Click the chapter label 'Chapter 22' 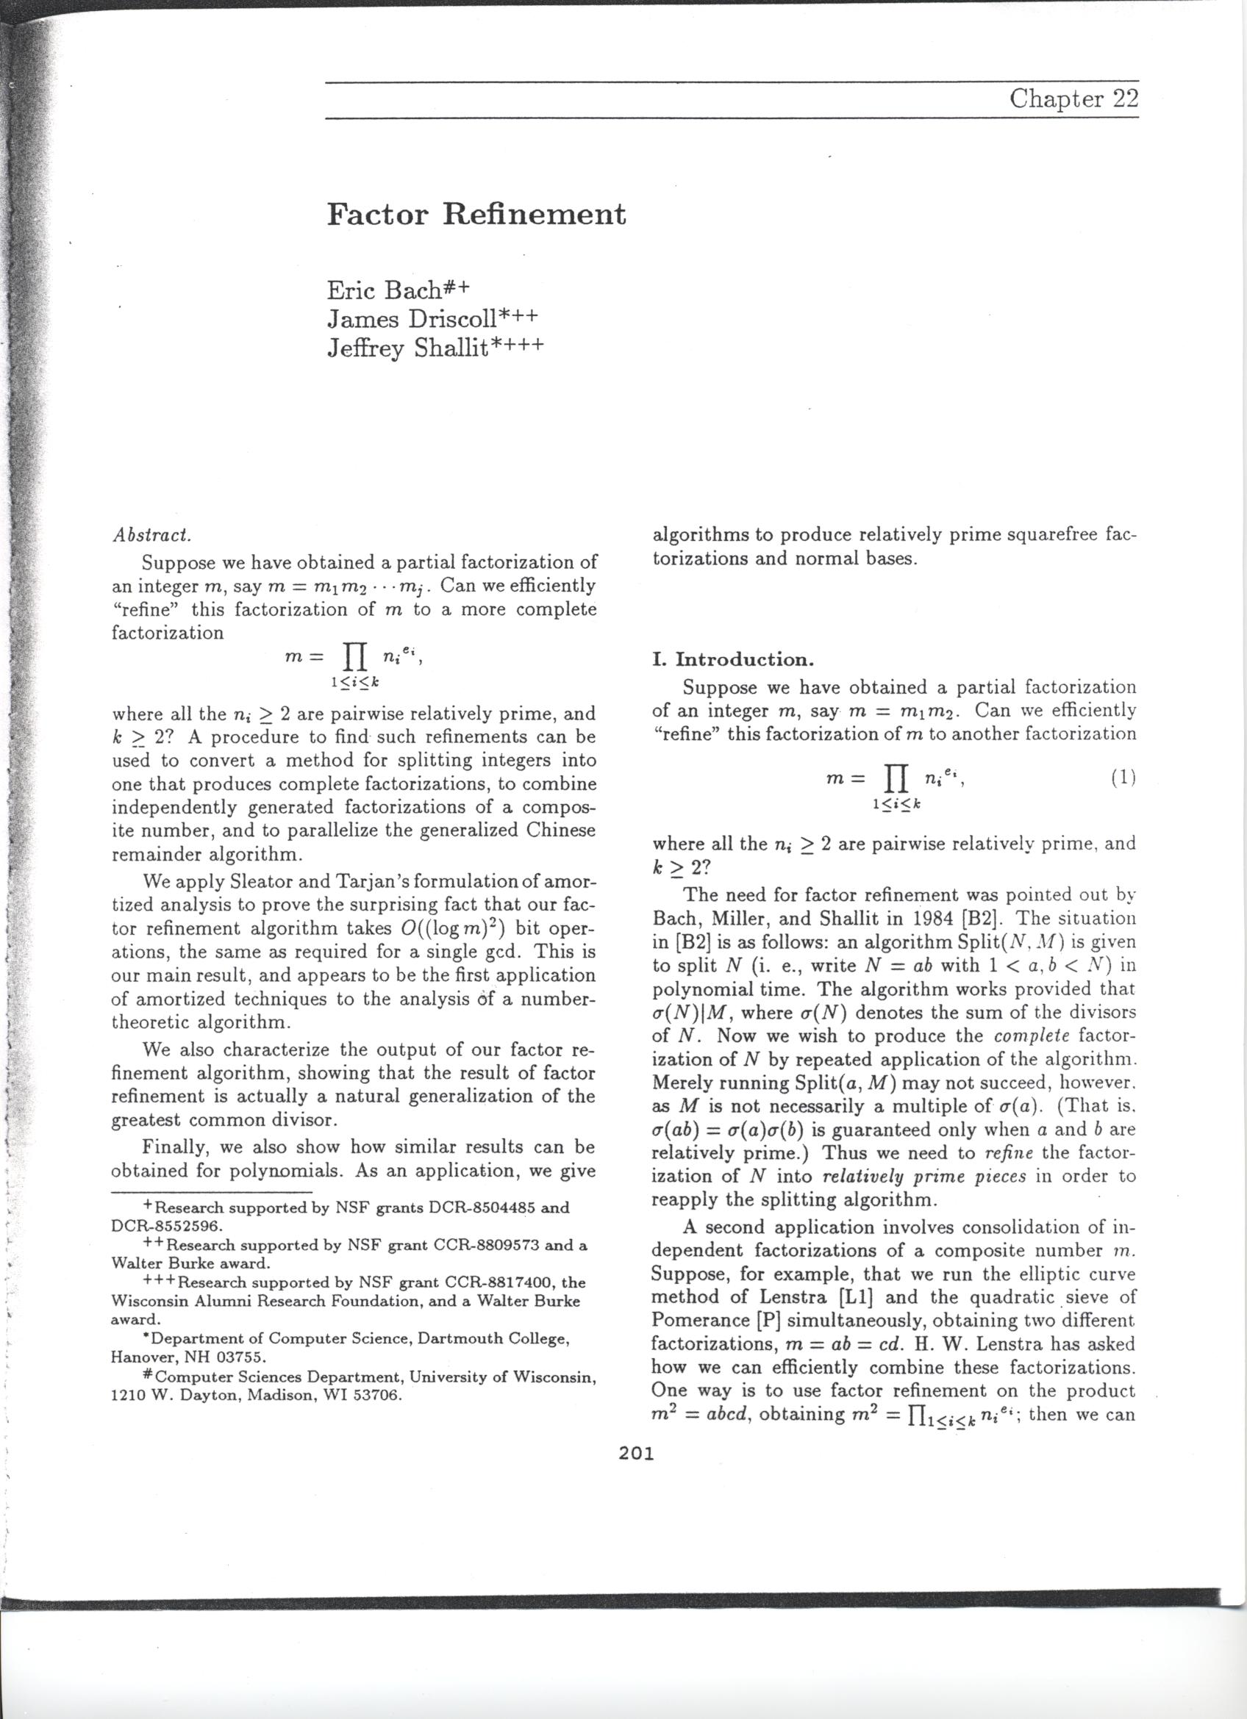pos(1073,99)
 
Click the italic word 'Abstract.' pos(151,534)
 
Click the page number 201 pos(635,1453)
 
